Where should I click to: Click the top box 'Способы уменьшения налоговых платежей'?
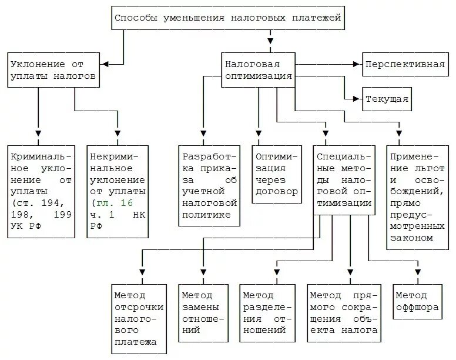pyautogui.click(x=227, y=18)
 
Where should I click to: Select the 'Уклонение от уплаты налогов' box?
pyautogui.click(x=52, y=70)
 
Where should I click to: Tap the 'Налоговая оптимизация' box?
pyautogui.click(x=257, y=70)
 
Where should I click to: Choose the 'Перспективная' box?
pyautogui.click(x=404, y=64)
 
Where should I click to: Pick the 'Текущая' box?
pyautogui.click(x=387, y=99)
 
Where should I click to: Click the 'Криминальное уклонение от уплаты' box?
pyautogui.click(x=41, y=191)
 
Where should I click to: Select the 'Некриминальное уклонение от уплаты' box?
pyautogui.click(x=118, y=191)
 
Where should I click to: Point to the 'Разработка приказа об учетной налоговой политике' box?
pyautogui.click(x=210, y=186)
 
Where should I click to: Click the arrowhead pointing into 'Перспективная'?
pyautogui.click(x=356, y=64)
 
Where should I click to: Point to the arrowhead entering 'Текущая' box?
pyautogui.click(x=356, y=98)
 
